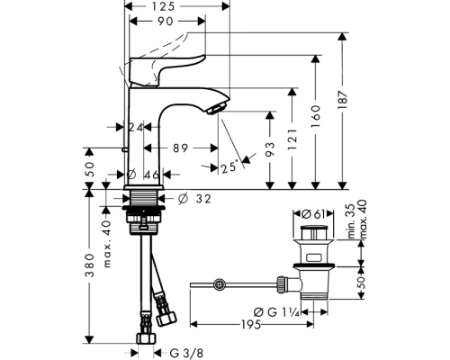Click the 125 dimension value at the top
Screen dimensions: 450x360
pos(163,6)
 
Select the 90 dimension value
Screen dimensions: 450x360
pos(166,22)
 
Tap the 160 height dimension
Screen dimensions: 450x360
pos(316,115)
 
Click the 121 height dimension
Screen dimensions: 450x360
pos(293,139)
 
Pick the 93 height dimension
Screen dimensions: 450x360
pos(270,149)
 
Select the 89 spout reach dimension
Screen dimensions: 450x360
pos(180,148)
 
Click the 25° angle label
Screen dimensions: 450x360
pos(229,166)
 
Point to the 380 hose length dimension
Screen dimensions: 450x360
pos(89,265)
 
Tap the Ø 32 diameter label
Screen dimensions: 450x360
pos(194,198)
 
